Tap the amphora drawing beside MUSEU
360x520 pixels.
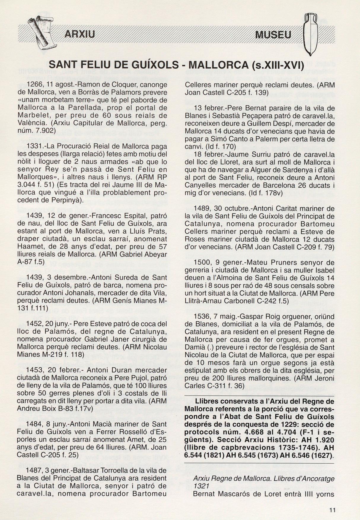coord(310,34)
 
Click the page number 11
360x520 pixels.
coord(332,510)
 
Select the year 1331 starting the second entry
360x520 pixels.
coord(33,146)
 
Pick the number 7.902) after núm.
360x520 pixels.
coord(45,130)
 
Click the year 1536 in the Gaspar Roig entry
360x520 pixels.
coord(200,316)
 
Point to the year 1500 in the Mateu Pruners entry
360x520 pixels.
coord(200,262)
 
